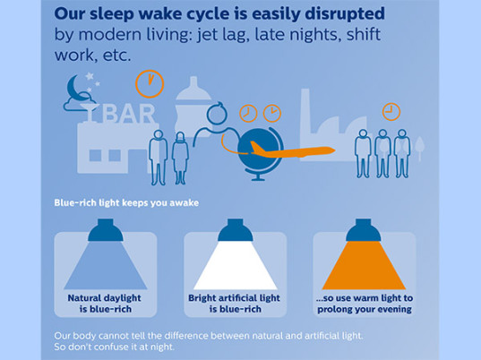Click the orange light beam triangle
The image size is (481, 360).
(364, 266)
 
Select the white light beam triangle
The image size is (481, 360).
(236, 266)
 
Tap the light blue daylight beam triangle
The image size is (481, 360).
(106, 266)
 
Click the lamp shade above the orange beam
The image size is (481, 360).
(364, 230)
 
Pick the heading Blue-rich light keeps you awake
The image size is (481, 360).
(126, 203)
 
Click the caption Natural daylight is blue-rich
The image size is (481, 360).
(105, 304)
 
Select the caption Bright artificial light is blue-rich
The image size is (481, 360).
(235, 304)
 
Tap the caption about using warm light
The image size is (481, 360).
(365, 304)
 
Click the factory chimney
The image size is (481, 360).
(305, 111)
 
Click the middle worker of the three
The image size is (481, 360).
(382, 153)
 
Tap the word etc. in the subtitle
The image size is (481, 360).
(116, 56)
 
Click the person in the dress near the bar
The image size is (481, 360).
(180, 159)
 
